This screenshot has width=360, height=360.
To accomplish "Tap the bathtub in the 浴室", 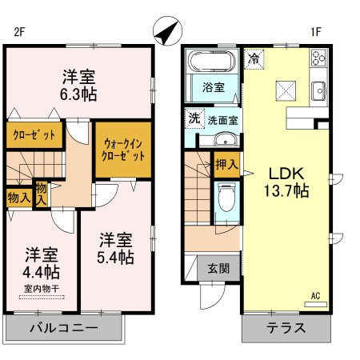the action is [x=212, y=61].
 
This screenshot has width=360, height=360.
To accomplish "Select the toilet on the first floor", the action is [x=226, y=197].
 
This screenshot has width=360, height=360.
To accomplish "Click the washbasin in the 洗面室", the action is [x=226, y=139].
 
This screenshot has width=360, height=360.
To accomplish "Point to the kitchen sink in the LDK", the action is [x=318, y=90].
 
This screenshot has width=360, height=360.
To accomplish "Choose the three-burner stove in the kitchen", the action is [x=318, y=58].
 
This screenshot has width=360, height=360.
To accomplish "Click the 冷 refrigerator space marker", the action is [x=254, y=59].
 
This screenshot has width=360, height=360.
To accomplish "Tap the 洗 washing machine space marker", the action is [x=194, y=118].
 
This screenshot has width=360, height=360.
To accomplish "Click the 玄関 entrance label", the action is [x=218, y=268].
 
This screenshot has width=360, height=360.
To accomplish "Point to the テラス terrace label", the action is [x=286, y=328].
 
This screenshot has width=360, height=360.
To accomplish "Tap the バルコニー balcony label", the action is [x=64, y=328].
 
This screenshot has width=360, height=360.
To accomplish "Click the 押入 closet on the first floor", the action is [x=226, y=165].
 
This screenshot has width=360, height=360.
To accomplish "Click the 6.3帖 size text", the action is [x=78, y=94].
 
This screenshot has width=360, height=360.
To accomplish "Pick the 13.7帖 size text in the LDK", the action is [x=286, y=191].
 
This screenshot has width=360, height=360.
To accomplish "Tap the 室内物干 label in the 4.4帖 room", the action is [x=42, y=289].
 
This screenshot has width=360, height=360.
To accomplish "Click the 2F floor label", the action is [x=19, y=32].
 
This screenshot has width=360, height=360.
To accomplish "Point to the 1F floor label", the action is [x=315, y=32].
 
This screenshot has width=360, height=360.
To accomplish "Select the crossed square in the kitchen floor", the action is [x=286, y=91].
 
